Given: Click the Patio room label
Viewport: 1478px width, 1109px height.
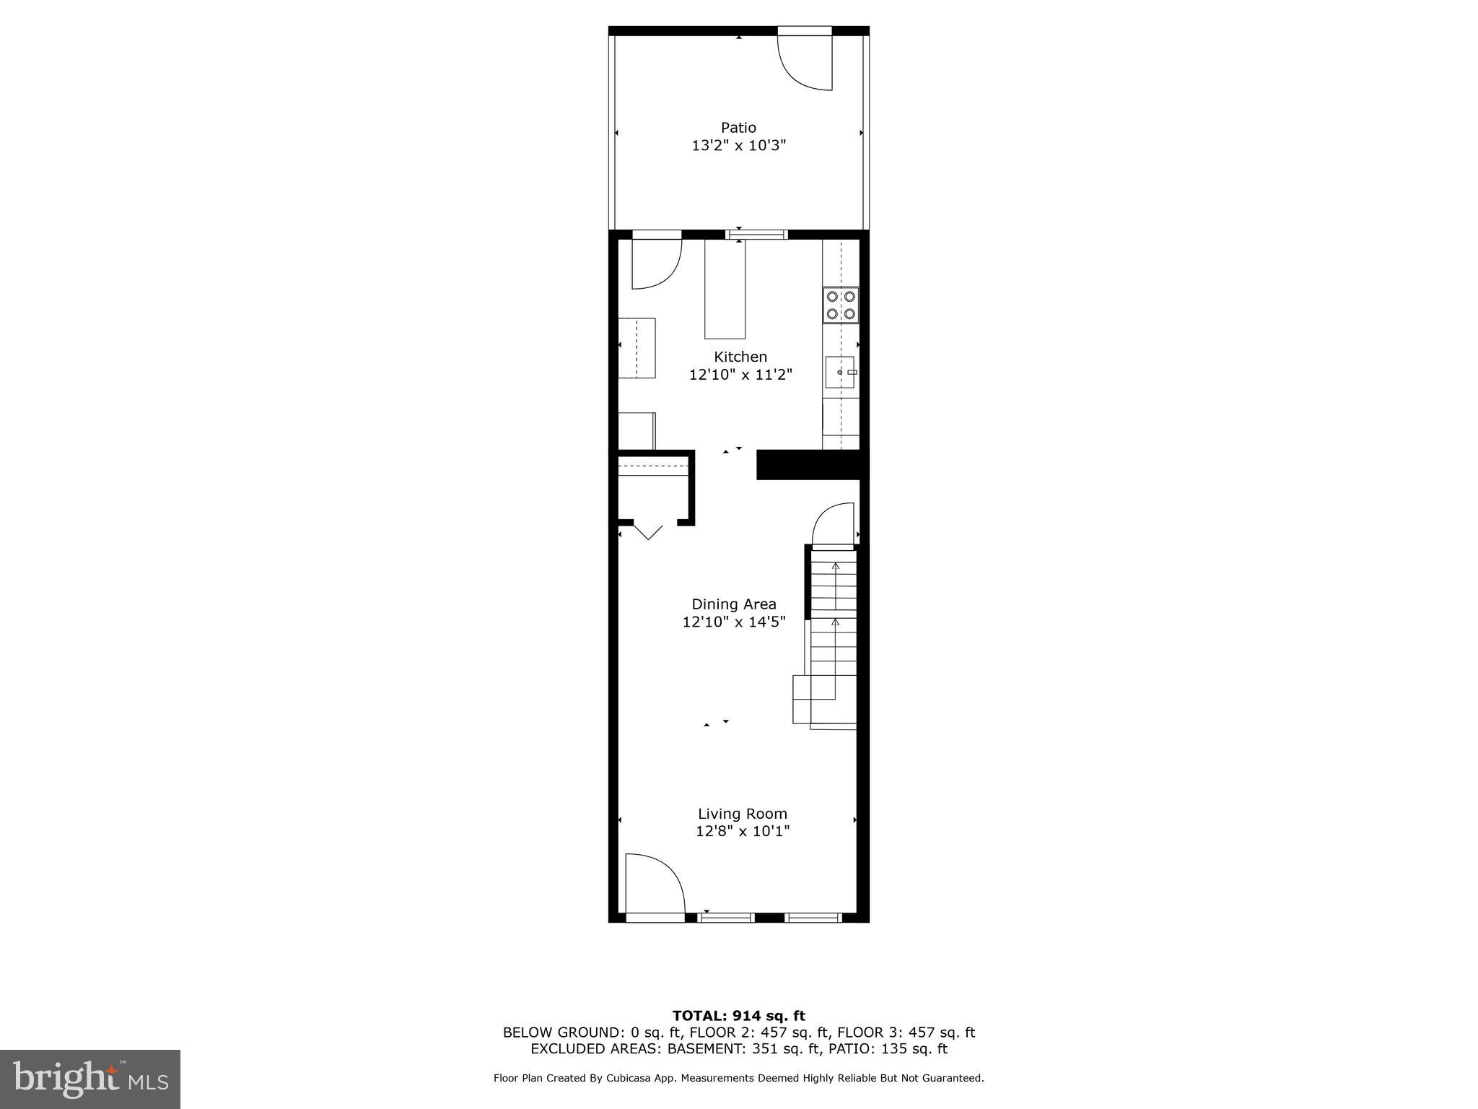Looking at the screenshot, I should click(738, 128).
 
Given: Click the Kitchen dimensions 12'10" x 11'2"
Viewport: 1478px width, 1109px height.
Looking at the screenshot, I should click(740, 375).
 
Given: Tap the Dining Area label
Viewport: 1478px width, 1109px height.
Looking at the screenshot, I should click(734, 604).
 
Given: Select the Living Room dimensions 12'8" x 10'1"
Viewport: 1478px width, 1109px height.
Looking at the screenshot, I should click(743, 831).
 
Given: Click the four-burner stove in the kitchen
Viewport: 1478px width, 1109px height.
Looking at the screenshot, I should click(841, 305).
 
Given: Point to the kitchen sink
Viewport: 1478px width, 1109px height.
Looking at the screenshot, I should click(840, 372).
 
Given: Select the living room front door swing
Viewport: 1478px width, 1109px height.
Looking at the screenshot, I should click(652, 886).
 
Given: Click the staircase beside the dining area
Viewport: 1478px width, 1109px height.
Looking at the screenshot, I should click(834, 635).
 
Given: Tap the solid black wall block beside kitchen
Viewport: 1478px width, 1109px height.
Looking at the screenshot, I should click(808, 464).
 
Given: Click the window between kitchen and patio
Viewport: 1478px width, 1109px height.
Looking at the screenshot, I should click(756, 234).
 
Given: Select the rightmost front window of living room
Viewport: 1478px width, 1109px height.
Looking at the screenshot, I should click(813, 918).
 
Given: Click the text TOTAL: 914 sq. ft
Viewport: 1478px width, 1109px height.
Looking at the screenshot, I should click(738, 1016).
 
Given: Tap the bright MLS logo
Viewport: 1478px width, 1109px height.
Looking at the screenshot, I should click(90, 1079).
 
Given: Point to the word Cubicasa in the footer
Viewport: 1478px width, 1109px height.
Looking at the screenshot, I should click(627, 1078).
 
